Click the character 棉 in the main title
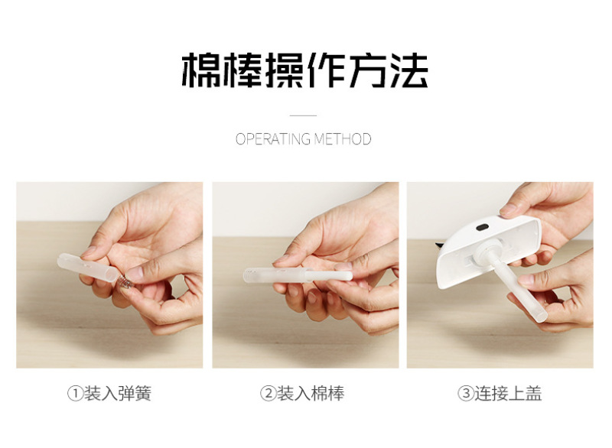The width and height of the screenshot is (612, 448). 201,70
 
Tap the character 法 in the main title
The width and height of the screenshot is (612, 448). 409,70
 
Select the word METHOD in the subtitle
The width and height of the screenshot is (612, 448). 343,139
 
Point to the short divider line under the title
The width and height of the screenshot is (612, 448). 303,115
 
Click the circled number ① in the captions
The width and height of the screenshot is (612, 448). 75,394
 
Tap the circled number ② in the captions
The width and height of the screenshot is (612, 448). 269,394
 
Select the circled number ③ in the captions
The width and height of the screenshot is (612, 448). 466,394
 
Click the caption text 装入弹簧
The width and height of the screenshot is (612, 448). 118,394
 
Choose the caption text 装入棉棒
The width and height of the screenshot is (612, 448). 311,394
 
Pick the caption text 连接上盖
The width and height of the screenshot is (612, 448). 508,394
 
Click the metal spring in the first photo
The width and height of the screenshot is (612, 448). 125,282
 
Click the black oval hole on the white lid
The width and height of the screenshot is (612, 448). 483,226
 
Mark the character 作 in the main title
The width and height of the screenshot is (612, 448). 326,70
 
